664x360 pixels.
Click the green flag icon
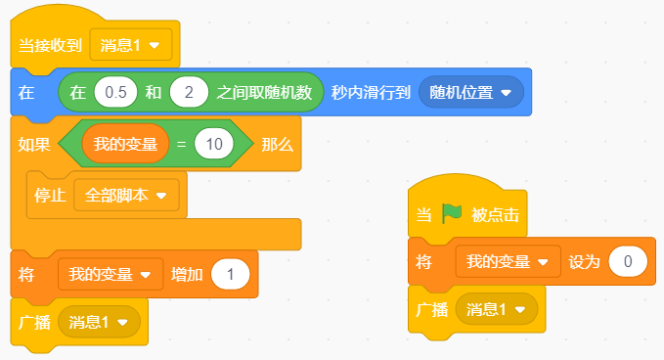coord(452,213)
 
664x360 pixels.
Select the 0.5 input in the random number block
coord(115,92)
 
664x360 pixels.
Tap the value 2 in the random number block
coord(189,92)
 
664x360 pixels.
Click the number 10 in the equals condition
coord(214,144)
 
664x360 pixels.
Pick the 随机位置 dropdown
coord(471,92)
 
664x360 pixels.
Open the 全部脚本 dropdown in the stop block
coord(126,196)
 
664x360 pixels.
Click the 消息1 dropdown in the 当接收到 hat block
coord(131,45)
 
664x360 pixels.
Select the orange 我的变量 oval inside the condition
coord(125,144)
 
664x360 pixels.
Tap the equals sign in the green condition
coord(181,145)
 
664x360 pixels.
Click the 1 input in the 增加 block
coord(231,275)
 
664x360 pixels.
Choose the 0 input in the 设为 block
coord(628,261)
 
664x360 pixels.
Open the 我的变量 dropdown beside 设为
coord(509,261)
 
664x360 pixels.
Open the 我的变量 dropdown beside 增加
coord(111,275)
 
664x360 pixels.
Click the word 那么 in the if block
coord(278,145)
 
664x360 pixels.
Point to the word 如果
coord(34,145)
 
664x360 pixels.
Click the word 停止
coord(50,196)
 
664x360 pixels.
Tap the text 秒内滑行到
coord(371,92)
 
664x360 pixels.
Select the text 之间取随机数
coord(264,92)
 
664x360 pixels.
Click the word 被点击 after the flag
coord(495,215)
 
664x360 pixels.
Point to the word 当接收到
coord(50,45)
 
